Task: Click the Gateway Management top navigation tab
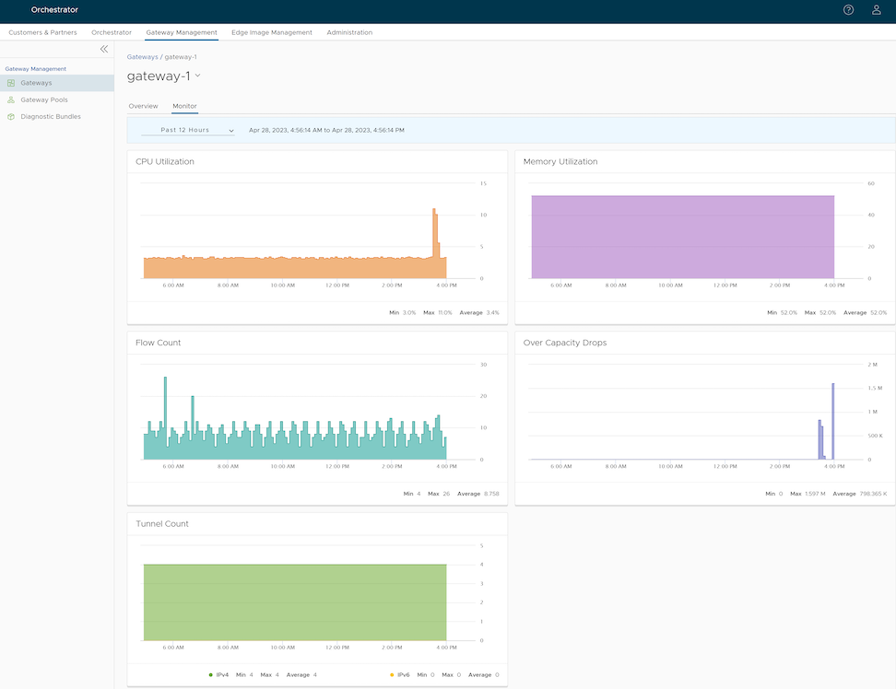(x=182, y=32)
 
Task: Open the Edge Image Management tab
(x=272, y=32)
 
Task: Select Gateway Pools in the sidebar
(x=43, y=99)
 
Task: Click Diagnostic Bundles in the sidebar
(x=50, y=117)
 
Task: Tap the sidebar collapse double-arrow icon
(x=104, y=49)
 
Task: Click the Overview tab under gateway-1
(x=143, y=106)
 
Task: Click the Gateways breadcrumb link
(x=142, y=57)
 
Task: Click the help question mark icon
(x=848, y=10)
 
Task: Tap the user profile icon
(x=876, y=10)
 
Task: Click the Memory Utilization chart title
(x=560, y=161)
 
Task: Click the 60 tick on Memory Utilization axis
(x=870, y=183)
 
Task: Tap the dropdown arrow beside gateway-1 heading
(x=197, y=76)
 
